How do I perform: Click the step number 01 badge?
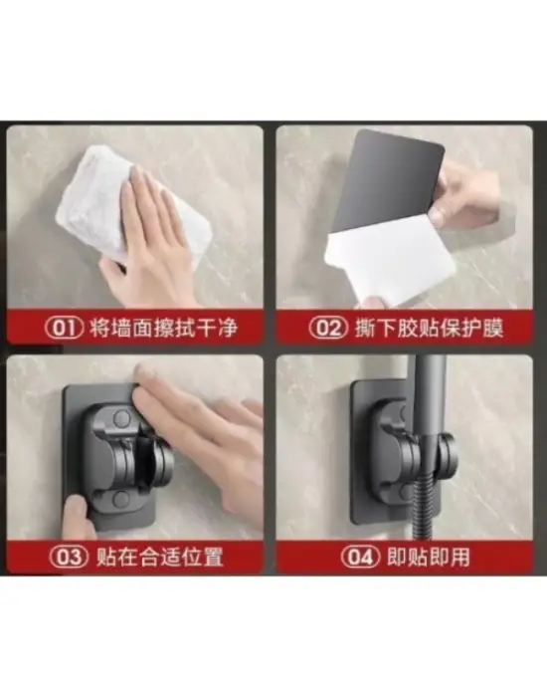[x=64, y=328]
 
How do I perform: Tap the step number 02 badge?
[x=328, y=328]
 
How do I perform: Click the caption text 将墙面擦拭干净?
[x=163, y=328]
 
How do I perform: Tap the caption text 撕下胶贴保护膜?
[x=429, y=328]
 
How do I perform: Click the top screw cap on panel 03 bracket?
[x=121, y=418]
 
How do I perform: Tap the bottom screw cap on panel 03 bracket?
[x=120, y=499]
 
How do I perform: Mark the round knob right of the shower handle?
[x=447, y=454]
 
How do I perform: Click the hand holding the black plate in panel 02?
[x=464, y=195]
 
